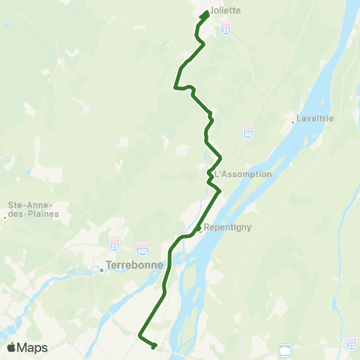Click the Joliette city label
click(225, 11)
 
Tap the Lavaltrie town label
click(315, 118)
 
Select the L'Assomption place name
click(242, 174)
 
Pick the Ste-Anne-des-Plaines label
click(33, 208)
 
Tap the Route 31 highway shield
click(226, 27)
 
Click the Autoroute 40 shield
click(248, 132)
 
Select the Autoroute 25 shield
click(114, 245)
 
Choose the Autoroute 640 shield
click(142, 247)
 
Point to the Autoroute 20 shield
click(352, 342)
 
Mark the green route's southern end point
click(154, 346)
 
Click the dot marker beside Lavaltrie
click(293, 121)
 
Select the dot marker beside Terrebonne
click(101, 271)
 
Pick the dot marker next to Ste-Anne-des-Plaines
click(5, 217)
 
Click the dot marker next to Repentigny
click(198, 229)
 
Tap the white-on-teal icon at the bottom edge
click(284, 349)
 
